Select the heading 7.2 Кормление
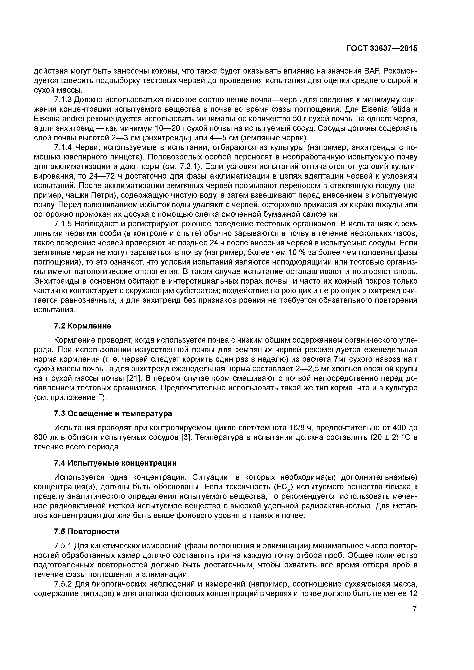tap(83, 326)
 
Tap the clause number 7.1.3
tap(63, 100)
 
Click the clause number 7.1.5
tap(63, 224)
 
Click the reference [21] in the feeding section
tap(134, 379)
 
